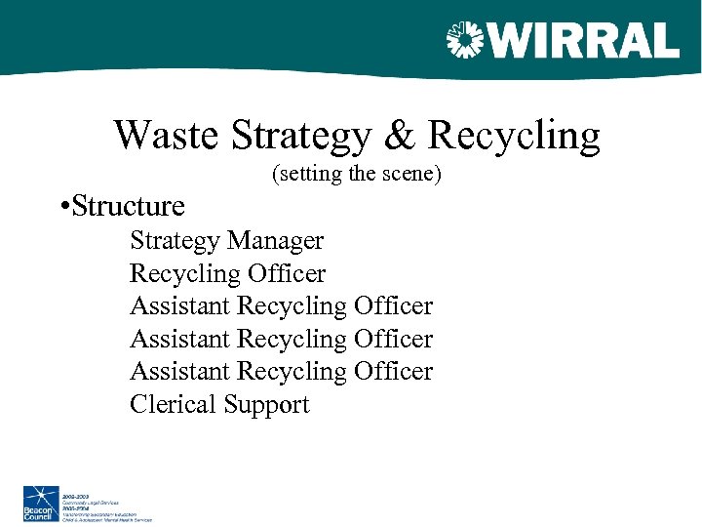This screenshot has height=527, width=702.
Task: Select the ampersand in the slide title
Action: pyautogui.click(x=400, y=136)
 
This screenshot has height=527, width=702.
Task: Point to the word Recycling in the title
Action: pyautogui.click(x=514, y=136)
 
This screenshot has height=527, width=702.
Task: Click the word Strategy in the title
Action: pyautogui.click(x=302, y=136)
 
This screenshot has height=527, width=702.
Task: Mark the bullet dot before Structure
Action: pyautogui.click(x=62, y=207)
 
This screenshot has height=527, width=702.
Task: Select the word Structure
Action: pyautogui.click(x=128, y=207)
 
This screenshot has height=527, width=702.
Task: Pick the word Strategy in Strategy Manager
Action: pyautogui.click(x=175, y=240)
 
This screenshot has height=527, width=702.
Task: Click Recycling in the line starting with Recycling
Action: pyautogui.click(x=179, y=273)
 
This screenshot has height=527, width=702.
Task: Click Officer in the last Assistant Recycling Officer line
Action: pyautogui.click(x=393, y=372)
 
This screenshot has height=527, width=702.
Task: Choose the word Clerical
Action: pyautogui.click(x=173, y=405)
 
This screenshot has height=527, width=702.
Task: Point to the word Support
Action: pyautogui.click(x=266, y=405)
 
